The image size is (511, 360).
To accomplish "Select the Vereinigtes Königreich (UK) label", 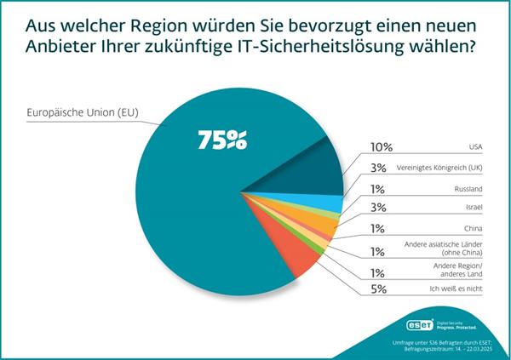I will [x=437, y=167].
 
